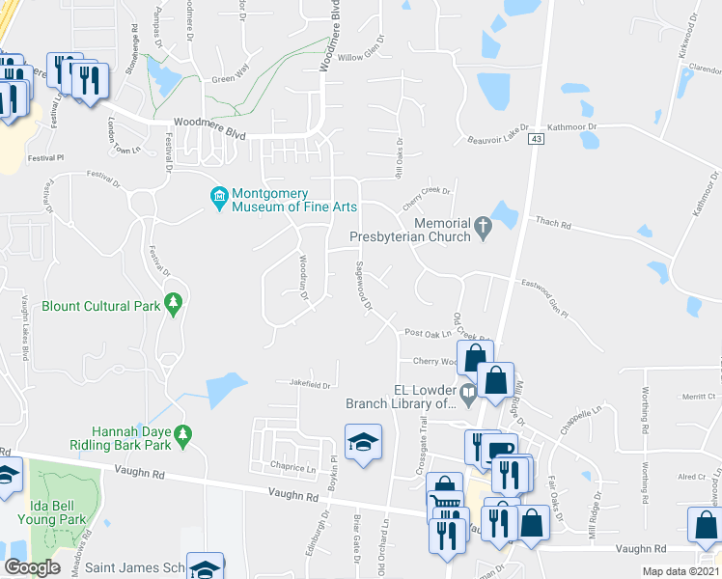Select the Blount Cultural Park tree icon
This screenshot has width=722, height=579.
[173, 304]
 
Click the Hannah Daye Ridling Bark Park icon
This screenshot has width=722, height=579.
[182, 436]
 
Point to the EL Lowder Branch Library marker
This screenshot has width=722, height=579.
[468, 391]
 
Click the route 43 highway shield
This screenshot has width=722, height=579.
[534, 139]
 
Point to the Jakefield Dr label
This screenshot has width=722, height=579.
[310, 383]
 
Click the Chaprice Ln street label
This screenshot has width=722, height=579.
[294, 469]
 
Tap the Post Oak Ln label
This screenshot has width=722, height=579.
[428, 332]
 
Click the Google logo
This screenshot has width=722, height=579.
[32, 567]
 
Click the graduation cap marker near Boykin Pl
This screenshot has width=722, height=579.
[363, 442]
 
